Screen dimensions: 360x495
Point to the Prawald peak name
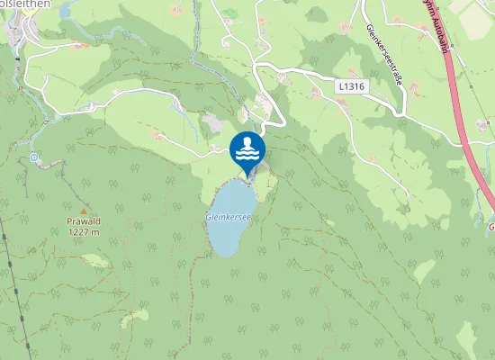click(x=82, y=221)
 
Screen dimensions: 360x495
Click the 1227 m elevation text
click(x=82, y=231)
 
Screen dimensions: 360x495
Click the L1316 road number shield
click(x=352, y=85)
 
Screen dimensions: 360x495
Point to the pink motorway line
click(x=468, y=135)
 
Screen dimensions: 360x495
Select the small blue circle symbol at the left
click(x=34, y=157)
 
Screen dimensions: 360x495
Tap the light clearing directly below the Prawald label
click(x=95, y=261)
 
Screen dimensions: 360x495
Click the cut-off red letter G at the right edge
click(x=491, y=227)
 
